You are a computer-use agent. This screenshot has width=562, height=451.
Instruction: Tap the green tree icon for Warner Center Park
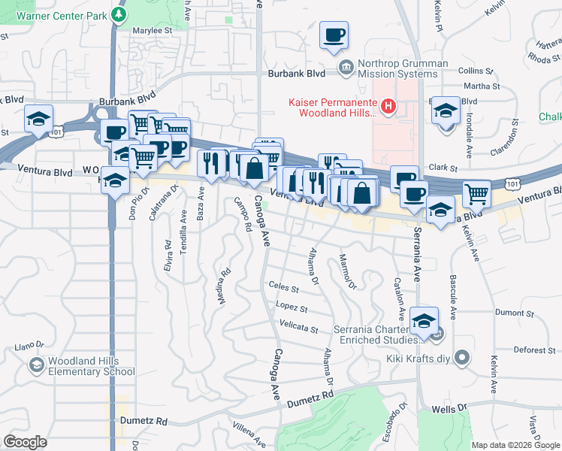tap(118, 14)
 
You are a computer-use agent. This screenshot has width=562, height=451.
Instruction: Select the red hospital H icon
tap(388, 107)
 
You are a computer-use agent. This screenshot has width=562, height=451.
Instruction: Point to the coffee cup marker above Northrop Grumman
tap(334, 35)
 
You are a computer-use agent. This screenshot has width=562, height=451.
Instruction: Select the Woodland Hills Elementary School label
tap(91, 366)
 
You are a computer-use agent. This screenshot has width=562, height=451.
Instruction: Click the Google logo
tap(25, 442)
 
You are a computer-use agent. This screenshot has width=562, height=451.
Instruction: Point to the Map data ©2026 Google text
tap(515, 445)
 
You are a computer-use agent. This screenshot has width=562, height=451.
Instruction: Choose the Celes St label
tap(283, 288)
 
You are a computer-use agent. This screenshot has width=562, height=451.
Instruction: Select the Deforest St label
tap(533, 350)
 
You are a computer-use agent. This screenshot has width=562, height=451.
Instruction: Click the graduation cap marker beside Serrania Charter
tap(425, 322)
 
